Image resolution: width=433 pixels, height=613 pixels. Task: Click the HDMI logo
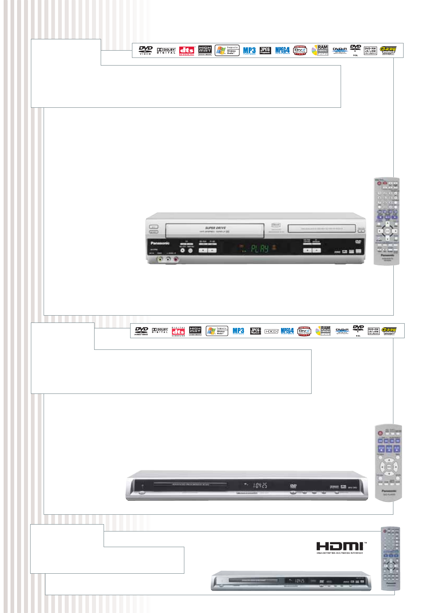[x=340, y=546]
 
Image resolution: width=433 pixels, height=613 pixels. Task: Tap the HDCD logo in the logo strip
[x=271, y=331]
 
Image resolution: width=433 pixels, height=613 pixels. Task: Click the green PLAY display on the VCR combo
[x=260, y=249]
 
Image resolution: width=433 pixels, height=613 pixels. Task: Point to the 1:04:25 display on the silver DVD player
[x=260, y=485]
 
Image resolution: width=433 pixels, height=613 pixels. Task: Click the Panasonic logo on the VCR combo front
[x=160, y=243]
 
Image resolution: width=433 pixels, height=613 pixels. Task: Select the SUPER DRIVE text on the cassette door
[x=215, y=228]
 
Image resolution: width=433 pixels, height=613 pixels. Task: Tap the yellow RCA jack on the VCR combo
[x=160, y=260]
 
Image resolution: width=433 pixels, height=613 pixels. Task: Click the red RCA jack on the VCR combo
[x=176, y=260]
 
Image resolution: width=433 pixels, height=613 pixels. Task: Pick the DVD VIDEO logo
[x=145, y=50]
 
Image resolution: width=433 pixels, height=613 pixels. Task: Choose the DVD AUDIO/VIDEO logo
[x=141, y=331]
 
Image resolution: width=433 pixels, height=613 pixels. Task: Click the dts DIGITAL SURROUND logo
[x=178, y=331]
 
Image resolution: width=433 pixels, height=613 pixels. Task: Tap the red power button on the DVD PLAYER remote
[x=380, y=434]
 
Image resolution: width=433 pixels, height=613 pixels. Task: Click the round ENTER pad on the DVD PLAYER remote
[x=389, y=466]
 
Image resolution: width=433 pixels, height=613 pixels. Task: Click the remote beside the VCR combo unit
[x=387, y=221]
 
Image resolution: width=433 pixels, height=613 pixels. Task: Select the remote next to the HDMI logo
[x=390, y=558]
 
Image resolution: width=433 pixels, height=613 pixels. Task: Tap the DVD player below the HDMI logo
[x=291, y=581]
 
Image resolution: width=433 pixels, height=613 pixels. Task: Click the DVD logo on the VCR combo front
[x=358, y=242]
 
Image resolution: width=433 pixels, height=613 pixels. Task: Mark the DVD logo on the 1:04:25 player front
[x=293, y=486]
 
